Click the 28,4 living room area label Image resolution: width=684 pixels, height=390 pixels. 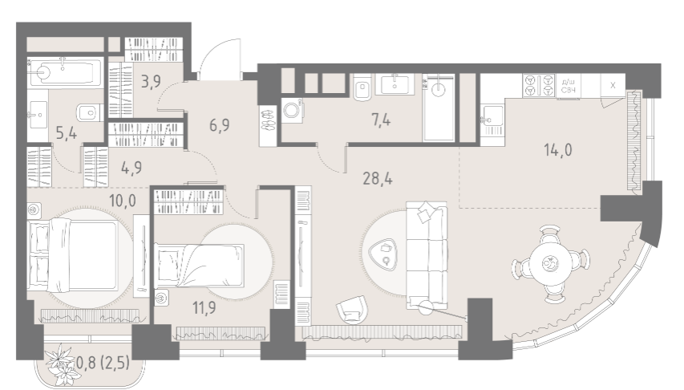[x=378, y=179]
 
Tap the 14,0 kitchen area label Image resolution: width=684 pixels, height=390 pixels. [x=558, y=150]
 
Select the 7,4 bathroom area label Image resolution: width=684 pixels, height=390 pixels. [x=381, y=120]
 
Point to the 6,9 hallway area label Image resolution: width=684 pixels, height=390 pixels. [x=220, y=125]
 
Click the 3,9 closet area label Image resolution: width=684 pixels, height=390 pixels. [x=151, y=81]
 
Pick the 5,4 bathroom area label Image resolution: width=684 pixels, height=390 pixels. [x=67, y=132]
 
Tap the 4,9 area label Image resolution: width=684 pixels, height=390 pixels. [x=132, y=168]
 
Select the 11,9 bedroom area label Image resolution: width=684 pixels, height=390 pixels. [x=204, y=308]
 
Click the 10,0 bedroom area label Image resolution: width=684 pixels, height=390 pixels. [x=122, y=201]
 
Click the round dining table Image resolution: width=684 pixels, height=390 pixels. [x=551, y=263]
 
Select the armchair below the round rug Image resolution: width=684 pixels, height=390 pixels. [x=352, y=310]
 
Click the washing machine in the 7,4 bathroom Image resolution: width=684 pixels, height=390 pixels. [x=292, y=110]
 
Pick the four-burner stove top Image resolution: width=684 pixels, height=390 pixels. [x=539, y=85]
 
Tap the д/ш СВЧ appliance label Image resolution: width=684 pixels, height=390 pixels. [x=568, y=86]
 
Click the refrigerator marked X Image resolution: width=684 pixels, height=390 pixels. [x=613, y=85]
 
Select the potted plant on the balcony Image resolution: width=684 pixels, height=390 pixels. [x=60, y=364]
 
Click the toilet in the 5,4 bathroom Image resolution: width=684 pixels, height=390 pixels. [x=88, y=112]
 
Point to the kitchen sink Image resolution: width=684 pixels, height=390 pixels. [x=492, y=118]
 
